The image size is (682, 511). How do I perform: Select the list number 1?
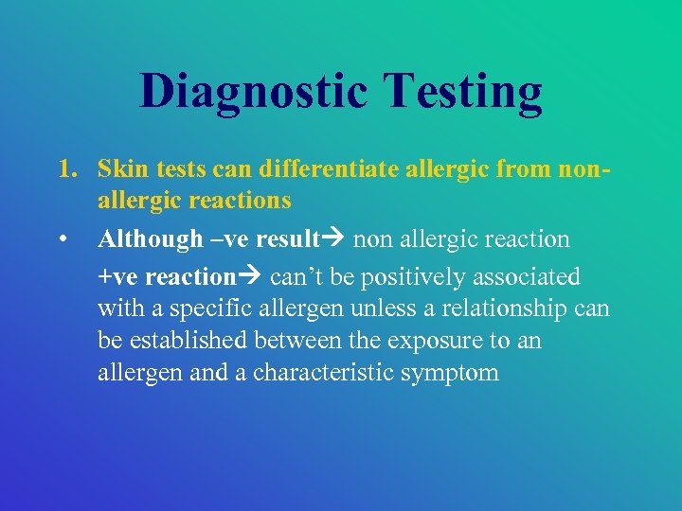tap(65, 171)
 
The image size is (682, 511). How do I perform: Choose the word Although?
tap(150, 239)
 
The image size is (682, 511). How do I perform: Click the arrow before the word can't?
tap(252, 277)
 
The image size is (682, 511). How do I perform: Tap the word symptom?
tap(451, 372)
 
